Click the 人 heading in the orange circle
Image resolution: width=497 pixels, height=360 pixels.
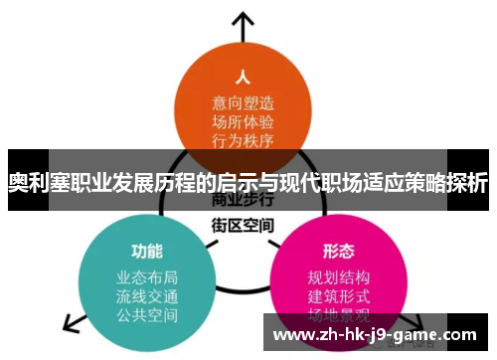[x=241, y=77]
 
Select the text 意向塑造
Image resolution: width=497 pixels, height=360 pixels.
[x=241, y=103]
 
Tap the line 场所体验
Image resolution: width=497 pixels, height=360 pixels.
[x=241, y=123]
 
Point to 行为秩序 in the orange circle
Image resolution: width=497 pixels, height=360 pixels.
[x=241, y=142]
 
